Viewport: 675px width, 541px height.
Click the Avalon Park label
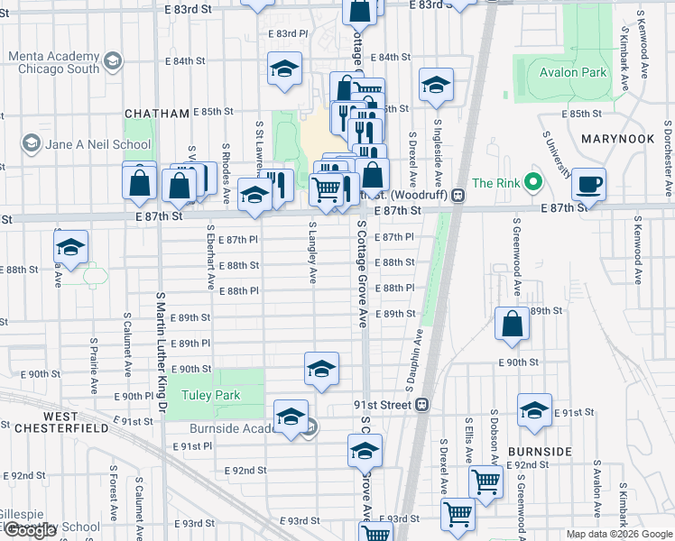[x=573, y=72]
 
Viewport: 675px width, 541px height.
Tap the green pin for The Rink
[x=532, y=183]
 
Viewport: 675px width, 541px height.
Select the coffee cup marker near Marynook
[x=589, y=184]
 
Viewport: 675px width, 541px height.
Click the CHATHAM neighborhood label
[x=157, y=113]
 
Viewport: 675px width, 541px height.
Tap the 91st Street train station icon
[x=421, y=405]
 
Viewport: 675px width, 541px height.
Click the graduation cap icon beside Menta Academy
[x=113, y=62]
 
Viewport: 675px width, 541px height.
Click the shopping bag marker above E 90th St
[x=512, y=325]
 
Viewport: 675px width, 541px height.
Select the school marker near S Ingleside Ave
[x=436, y=86]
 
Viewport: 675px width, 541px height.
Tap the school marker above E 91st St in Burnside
[x=534, y=410]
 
